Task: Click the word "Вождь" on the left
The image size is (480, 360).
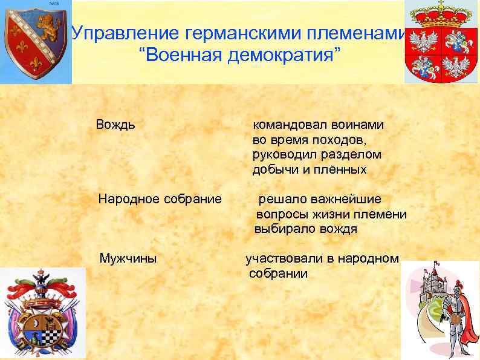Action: click(115, 125)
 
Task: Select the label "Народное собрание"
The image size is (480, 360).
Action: click(160, 198)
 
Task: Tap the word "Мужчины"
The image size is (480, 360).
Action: click(128, 259)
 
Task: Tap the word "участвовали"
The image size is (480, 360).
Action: click(285, 258)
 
